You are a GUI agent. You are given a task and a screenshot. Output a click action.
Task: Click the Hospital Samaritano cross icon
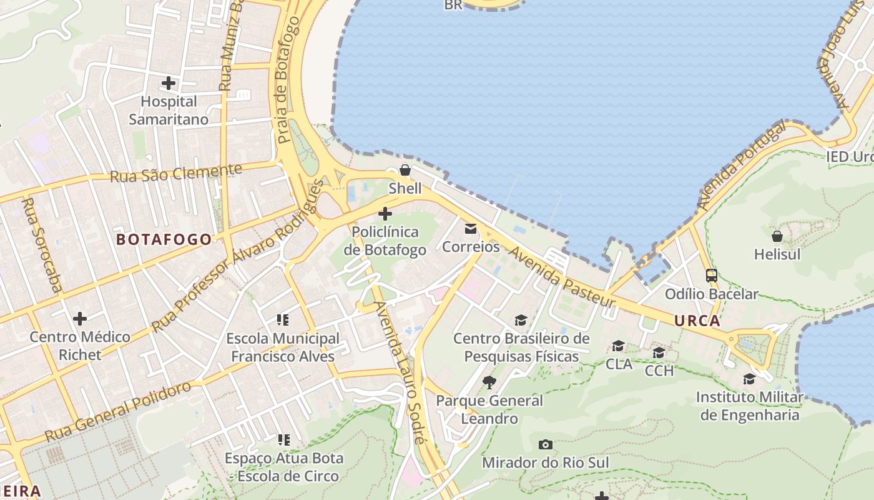(x=169, y=82)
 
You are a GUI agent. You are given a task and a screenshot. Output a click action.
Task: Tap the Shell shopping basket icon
(x=405, y=169)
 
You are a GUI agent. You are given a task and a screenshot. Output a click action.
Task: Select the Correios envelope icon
(x=471, y=229)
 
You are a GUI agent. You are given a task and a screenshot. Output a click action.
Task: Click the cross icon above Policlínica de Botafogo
(x=385, y=214)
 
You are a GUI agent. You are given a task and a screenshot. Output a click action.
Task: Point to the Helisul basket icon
(x=777, y=236)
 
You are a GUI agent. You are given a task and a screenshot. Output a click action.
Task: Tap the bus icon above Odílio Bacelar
(x=711, y=275)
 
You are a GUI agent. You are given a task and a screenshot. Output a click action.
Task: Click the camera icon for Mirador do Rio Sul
(x=545, y=444)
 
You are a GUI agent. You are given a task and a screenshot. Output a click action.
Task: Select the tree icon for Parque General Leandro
(x=489, y=382)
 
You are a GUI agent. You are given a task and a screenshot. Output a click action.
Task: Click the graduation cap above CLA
(x=619, y=346)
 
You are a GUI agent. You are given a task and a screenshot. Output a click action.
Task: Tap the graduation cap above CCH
(x=659, y=353)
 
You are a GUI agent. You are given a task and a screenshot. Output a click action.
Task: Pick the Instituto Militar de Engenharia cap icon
(x=749, y=379)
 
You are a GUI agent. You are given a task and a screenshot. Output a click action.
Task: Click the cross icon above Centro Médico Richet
(x=80, y=319)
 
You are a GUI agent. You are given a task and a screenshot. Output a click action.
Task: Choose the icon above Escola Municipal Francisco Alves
(x=283, y=320)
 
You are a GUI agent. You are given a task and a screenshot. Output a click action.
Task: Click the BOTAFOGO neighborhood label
(x=164, y=239)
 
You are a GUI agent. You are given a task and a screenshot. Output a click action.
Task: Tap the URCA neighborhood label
(x=697, y=321)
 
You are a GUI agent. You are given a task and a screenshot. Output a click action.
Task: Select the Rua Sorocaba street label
(x=42, y=245)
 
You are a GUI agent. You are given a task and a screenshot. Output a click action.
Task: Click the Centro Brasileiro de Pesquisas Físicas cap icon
(x=521, y=321)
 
